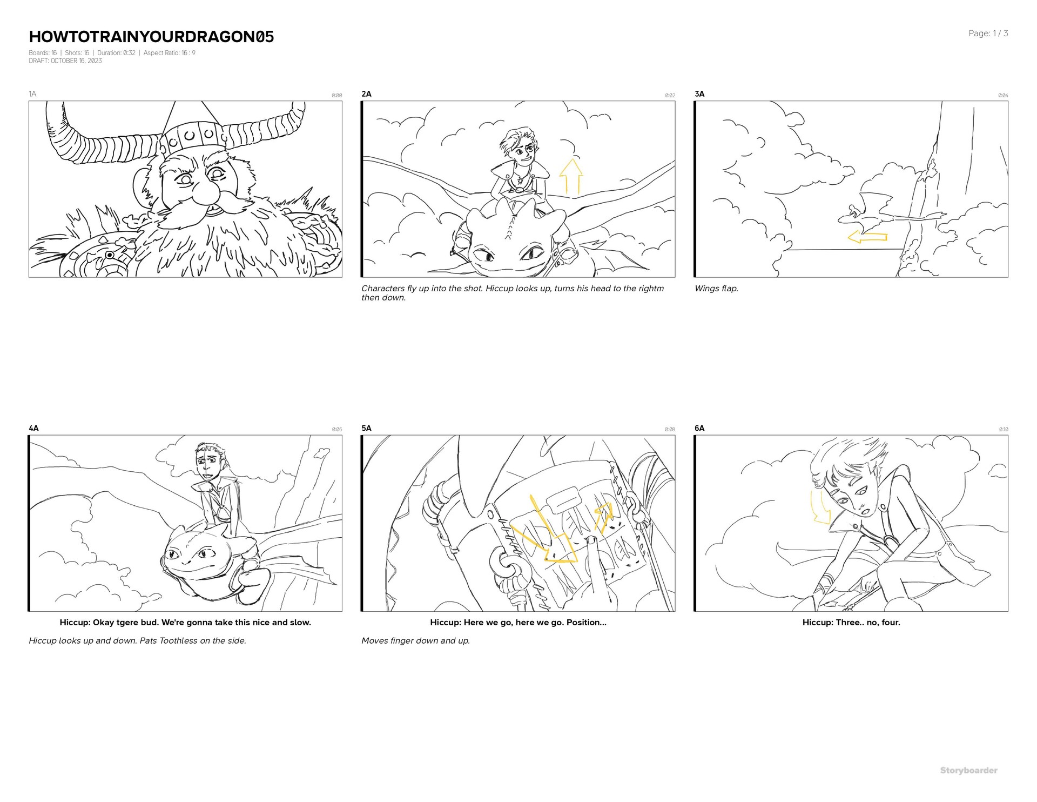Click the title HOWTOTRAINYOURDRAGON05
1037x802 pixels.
(151, 37)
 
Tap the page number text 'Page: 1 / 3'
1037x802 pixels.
(988, 34)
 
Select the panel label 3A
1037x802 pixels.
(699, 94)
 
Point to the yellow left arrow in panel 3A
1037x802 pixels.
(867, 237)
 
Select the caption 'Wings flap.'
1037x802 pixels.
(716, 289)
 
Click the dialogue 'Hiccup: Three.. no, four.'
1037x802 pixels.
(851, 623)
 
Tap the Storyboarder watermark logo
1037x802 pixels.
(968, 771)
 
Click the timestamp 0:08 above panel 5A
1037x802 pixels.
(670, 430)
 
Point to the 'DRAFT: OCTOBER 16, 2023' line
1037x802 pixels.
(65, 61)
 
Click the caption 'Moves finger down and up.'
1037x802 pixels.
(415, 641)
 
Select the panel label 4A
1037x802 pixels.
(33, 428)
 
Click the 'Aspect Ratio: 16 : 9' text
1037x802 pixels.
(170, 53)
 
